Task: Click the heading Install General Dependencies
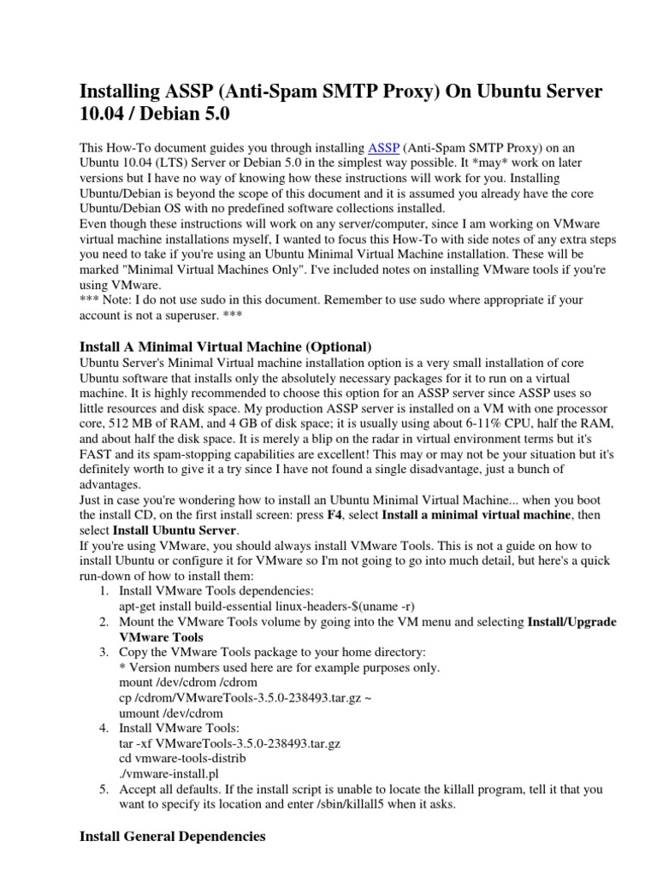click(x=172, y=835)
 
